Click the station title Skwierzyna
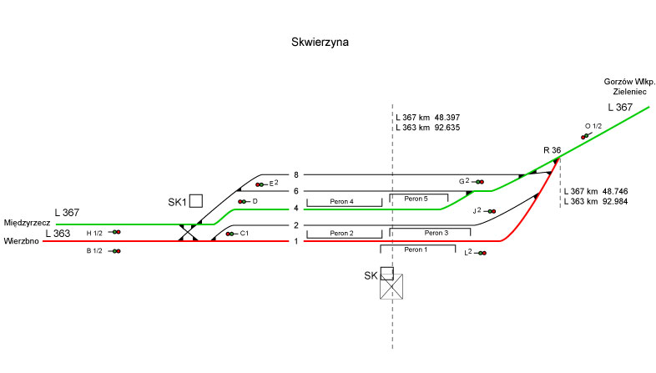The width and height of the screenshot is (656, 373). (320, 41)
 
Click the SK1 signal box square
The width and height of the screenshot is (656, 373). (196, 200)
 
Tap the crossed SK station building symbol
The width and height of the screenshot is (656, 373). (392, 286)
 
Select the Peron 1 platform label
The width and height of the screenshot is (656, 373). (415, 250)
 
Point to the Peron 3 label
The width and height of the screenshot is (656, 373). (436, 233)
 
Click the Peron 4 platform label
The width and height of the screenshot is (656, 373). (342, 202)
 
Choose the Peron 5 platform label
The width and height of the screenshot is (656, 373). (416, 199)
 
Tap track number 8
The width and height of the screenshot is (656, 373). (295, 175)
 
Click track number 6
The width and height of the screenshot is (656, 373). (295, 191)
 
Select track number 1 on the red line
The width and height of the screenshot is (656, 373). (295, 241)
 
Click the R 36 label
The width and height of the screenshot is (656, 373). (552, 149)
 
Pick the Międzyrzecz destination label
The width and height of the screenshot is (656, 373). (29, 224)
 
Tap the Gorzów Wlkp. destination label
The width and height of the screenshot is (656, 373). (629, 81)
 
